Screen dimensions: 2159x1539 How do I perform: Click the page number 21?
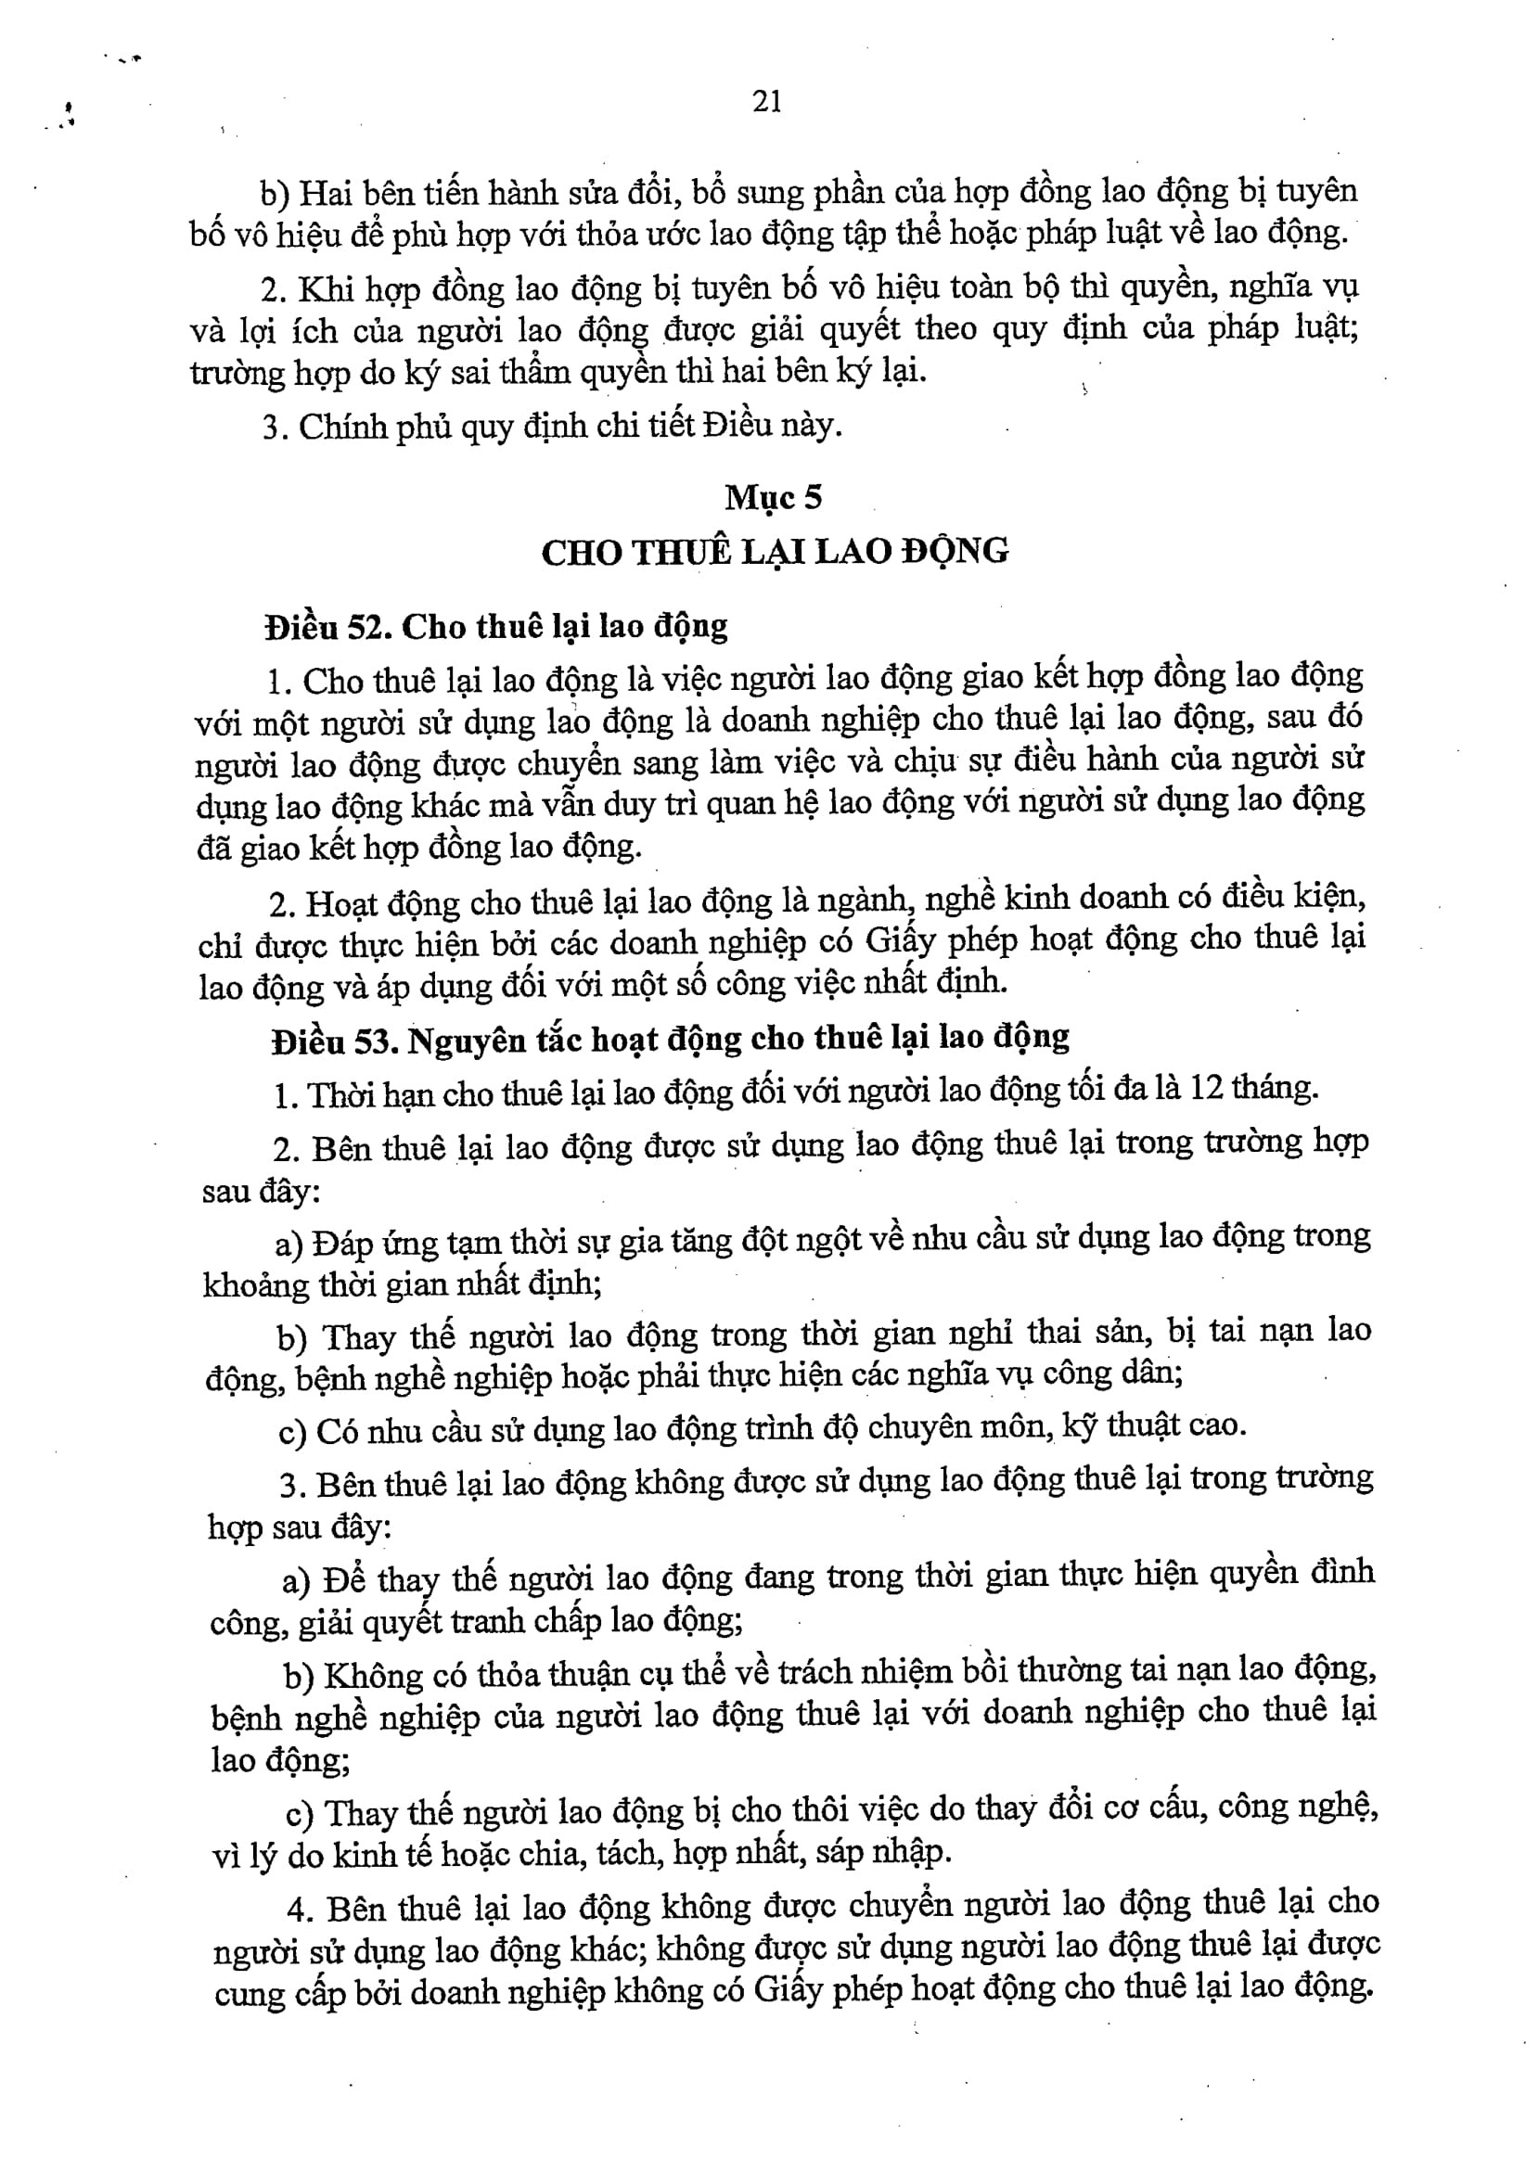point(767,100)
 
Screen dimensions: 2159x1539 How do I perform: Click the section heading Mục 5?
point(773,496)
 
